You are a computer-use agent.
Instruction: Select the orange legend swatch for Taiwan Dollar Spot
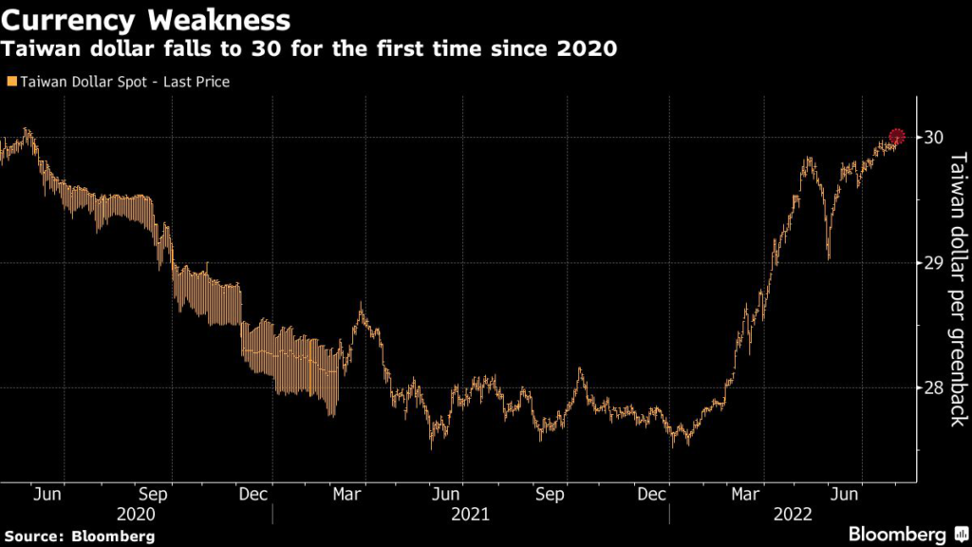9,82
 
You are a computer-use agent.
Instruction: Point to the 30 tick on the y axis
933,137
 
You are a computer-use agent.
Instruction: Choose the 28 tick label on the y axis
933,387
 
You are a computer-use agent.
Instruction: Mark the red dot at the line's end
897,137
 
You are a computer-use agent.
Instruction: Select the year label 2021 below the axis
470,514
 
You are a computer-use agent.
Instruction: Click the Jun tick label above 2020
47,494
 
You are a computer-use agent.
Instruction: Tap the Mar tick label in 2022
747,494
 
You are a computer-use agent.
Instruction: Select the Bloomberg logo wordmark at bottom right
896,535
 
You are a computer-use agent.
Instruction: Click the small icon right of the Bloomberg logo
958,534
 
